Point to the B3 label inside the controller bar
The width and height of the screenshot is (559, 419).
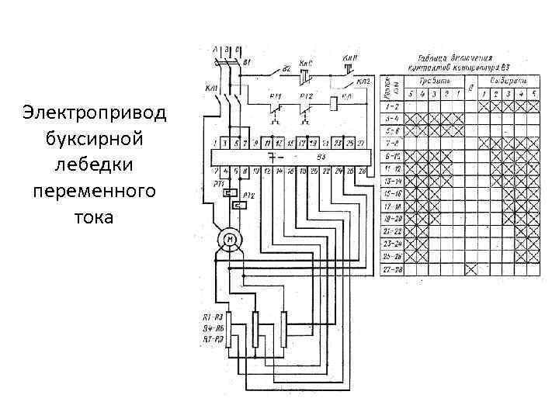coord(320,156)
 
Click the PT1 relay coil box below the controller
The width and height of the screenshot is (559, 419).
coord(229,192)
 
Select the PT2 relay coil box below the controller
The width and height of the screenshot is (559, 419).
coord(239,205)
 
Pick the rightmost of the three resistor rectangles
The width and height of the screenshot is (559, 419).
coord(283,329)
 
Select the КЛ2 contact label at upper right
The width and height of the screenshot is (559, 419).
coord(363,81)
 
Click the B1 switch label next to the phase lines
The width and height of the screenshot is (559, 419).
coord(247,61)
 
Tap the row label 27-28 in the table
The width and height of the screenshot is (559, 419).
coord(392,268)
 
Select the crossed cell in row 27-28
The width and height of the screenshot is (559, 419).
coord(470,268)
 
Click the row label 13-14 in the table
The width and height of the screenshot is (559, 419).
coord(392,181)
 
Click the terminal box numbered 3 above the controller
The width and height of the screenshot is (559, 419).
coord(224,144)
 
